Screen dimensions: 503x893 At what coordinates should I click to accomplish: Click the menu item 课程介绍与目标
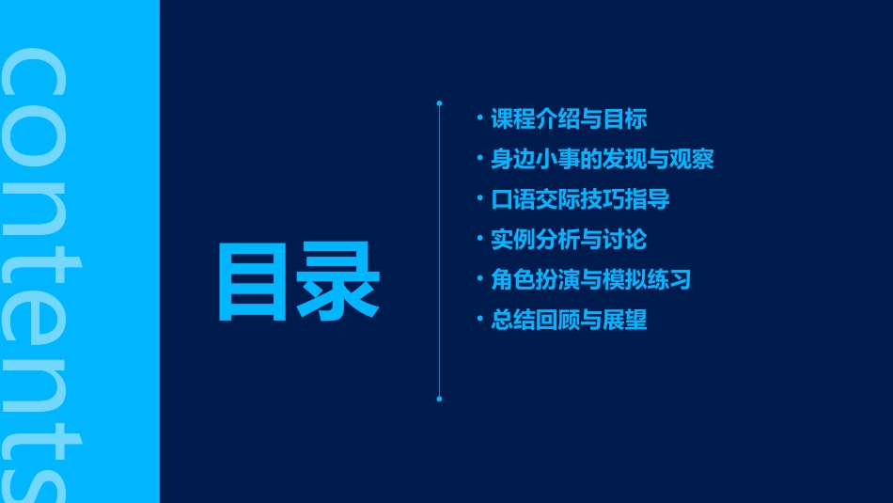[569, 119]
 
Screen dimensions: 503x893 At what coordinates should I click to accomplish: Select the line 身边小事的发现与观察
[602, 160]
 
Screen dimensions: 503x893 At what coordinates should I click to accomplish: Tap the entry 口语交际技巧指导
[580, 199]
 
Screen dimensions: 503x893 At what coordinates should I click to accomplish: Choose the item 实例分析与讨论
[569, 240]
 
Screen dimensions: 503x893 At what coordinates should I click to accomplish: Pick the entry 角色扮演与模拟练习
[591, 280]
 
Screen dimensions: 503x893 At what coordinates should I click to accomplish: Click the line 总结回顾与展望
[569, 320]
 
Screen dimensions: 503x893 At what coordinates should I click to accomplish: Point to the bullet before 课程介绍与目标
[480, 118]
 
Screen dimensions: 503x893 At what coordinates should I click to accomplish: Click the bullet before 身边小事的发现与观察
[480, 159]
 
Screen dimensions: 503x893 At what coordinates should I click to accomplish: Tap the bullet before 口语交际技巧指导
[480, 198]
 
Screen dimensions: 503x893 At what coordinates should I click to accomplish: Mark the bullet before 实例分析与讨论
[480, 239]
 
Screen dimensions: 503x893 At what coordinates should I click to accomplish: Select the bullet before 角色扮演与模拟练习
[480, 279]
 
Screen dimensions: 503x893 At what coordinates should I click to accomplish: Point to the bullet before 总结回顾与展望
[480, 319]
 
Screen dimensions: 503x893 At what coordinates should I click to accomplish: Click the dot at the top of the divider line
[439, 102]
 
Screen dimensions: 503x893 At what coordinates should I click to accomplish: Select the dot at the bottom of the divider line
[439, 399]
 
